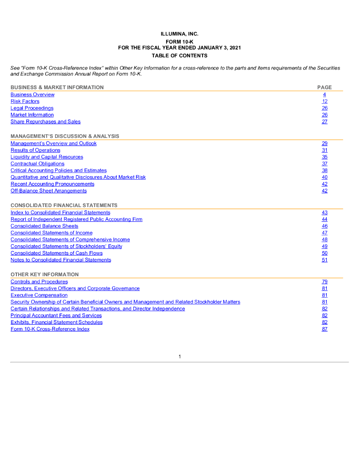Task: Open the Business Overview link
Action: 32,95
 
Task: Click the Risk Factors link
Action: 25,101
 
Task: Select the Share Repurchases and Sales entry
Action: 46,122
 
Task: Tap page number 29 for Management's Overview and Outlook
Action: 325,143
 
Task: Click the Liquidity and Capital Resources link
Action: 47,157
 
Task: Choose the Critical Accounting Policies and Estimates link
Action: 59,170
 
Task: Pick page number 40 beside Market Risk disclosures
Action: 325,177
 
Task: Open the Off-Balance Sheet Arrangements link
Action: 49,191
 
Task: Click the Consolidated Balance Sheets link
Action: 44,226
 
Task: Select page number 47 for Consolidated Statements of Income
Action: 325,233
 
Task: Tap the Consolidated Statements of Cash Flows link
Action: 56,253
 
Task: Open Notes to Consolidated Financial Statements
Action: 61,260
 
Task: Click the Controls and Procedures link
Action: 39,282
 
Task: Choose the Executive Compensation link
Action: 39,295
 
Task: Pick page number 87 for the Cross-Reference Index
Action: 325,329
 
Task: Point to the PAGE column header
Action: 325,87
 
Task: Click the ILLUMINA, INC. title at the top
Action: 180,34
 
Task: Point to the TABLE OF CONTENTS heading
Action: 180,56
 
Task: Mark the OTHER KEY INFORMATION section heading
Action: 45,274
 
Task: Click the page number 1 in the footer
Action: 180,356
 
